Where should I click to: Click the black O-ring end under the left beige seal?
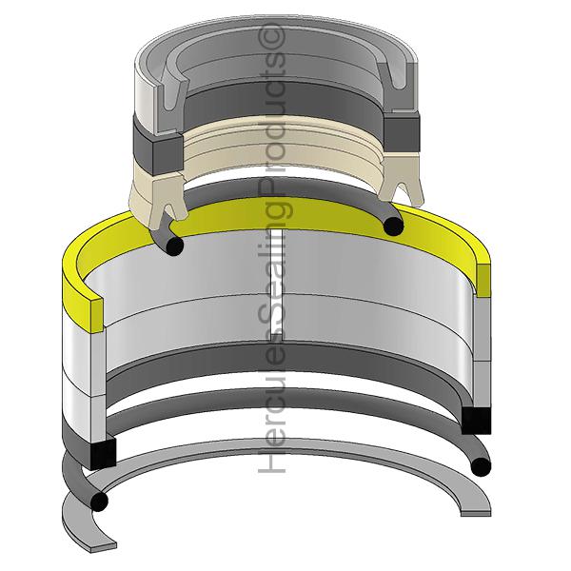point(175,246)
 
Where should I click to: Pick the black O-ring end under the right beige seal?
point(394,226)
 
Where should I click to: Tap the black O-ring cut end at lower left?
point(99,502)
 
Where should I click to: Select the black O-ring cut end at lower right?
point(481,466)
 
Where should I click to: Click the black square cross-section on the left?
point(103,454)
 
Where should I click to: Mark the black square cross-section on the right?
point(476,421)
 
